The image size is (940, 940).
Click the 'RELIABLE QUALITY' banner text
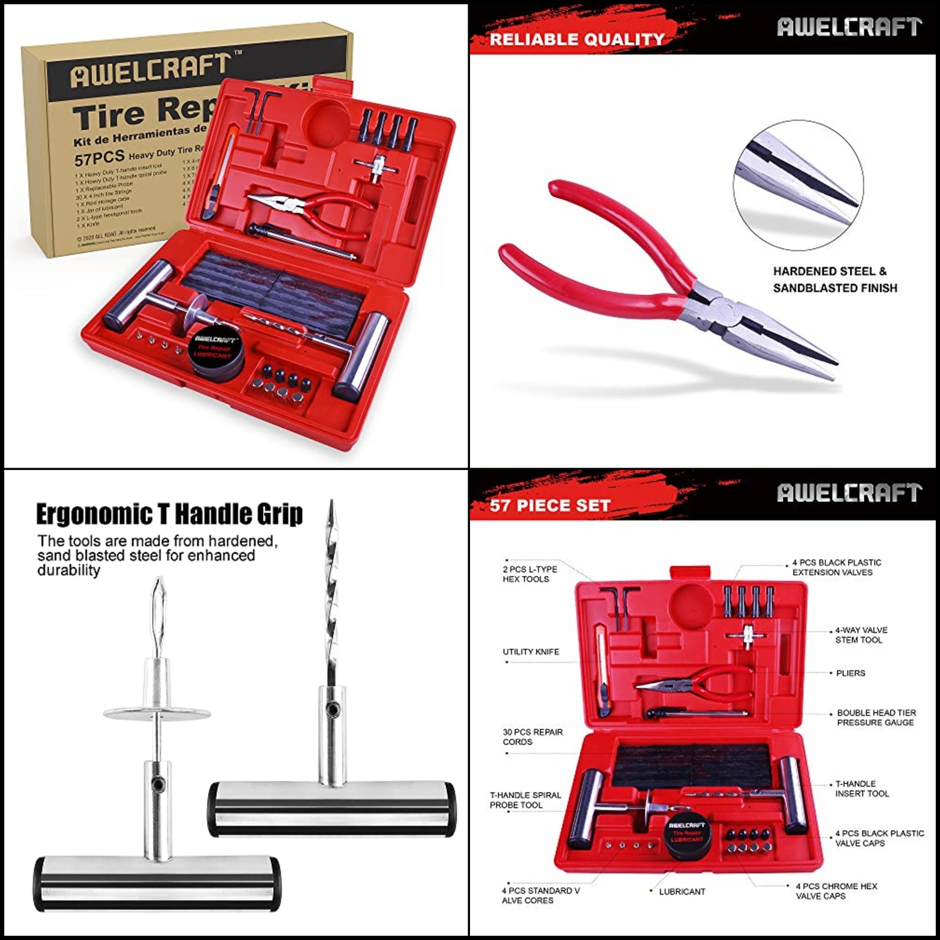(576, 39)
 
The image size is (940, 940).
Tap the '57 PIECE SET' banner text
(550, 505)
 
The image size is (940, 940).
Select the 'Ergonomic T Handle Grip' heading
(169, 514)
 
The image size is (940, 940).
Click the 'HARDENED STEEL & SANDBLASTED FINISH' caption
(834, 280)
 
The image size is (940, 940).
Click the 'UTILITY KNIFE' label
(531, 652)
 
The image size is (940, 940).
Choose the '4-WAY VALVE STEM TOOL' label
(861, 635)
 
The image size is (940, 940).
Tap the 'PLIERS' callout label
(850, 673)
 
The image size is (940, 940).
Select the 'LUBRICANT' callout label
(681, 892)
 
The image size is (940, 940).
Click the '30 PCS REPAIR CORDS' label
(532, 737)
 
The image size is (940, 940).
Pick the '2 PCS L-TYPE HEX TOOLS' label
(529, 574)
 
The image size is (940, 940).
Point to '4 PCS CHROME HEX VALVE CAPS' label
(835, 891)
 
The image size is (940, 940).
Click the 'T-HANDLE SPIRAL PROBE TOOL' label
(525, 800)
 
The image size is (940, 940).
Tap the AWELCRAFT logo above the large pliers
(849, 27)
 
